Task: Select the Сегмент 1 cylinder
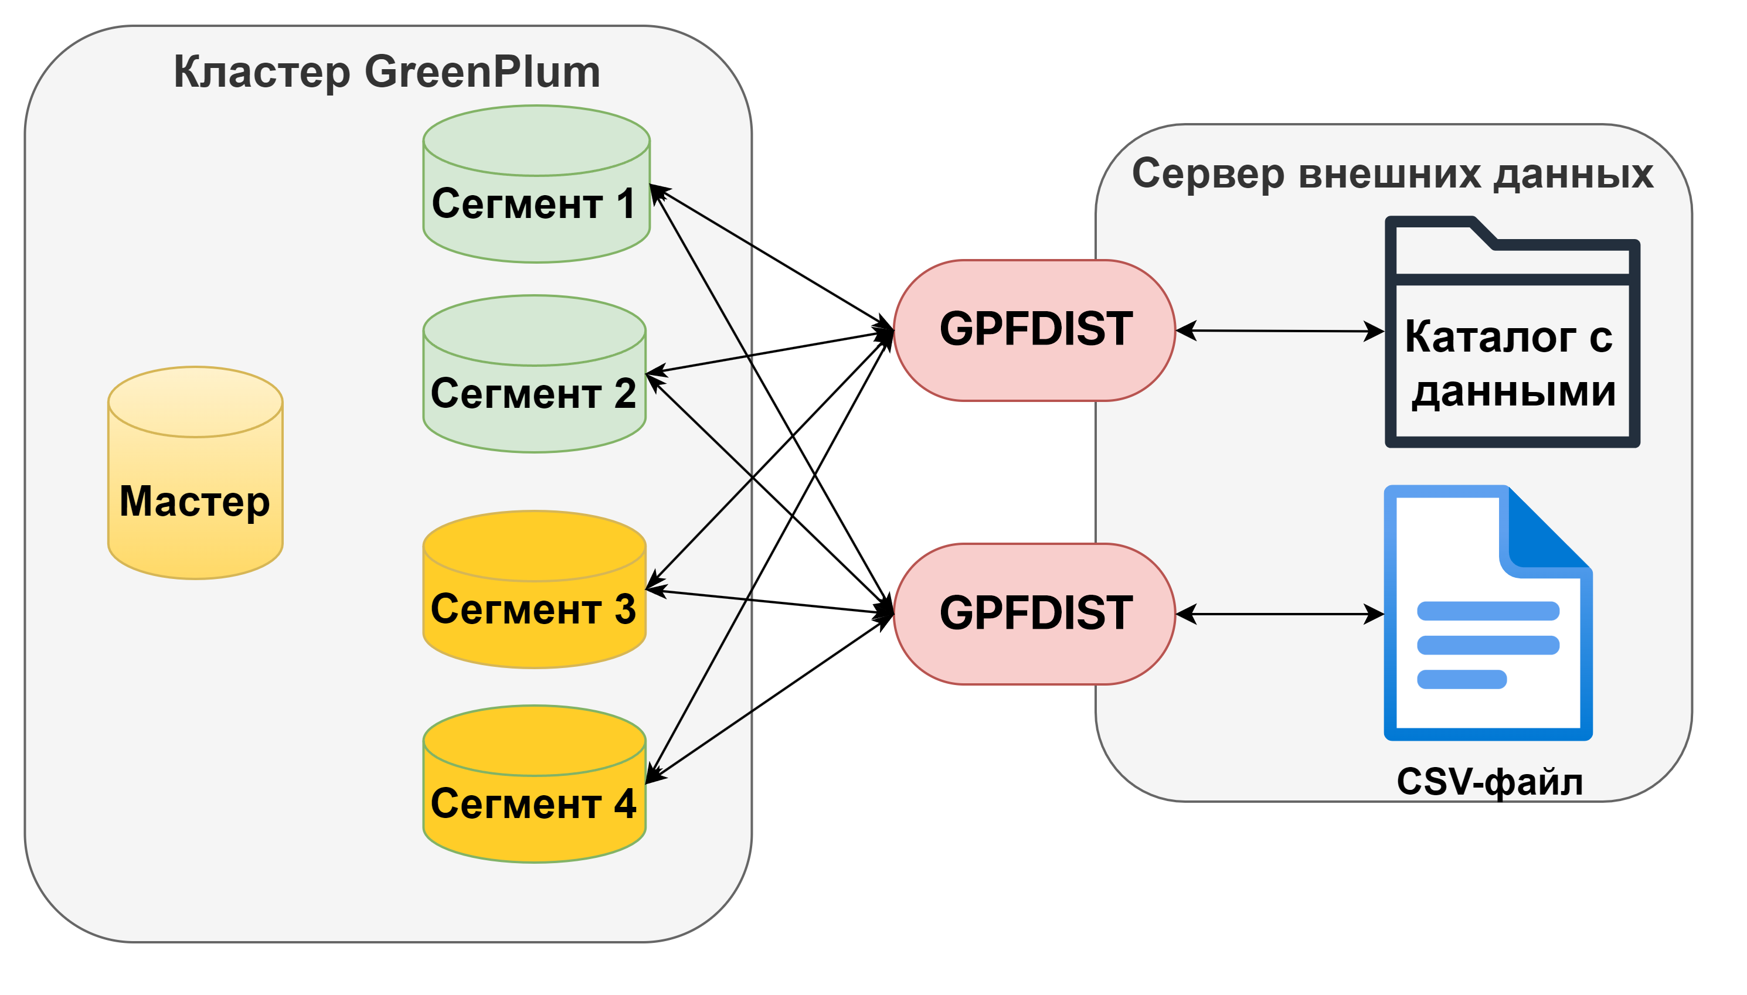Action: tap(535, 205)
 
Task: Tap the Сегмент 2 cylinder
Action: tap(534, 395)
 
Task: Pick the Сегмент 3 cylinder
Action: tap(534, 610)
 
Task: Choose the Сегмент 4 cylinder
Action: tap(534, 805)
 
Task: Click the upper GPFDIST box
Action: tap(1034, 330)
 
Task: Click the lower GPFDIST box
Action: tap(1034, 614)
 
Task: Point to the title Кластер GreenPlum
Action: tap(386, 71)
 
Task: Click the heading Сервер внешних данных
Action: tap(1392, 173)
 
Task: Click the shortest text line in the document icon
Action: tap(1462, 679)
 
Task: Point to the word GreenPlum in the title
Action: tap(482, 71)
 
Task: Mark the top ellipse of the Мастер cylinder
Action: tap(195, 402)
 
